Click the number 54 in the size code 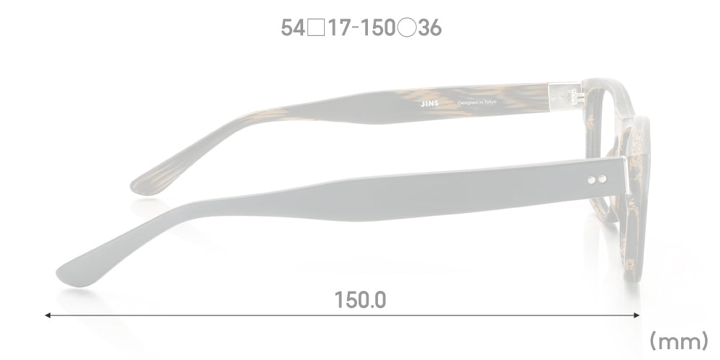click(x=293, y=29)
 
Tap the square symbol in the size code click(x=316, y=29)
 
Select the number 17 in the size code click(x=339, y=29)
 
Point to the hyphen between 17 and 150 click(x=356, y=29)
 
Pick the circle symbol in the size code click(x=407, y=29)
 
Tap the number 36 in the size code click(x=430, y=29)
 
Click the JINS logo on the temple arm click(x=429, y=104)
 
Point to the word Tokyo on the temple click(x=490, y=102)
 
